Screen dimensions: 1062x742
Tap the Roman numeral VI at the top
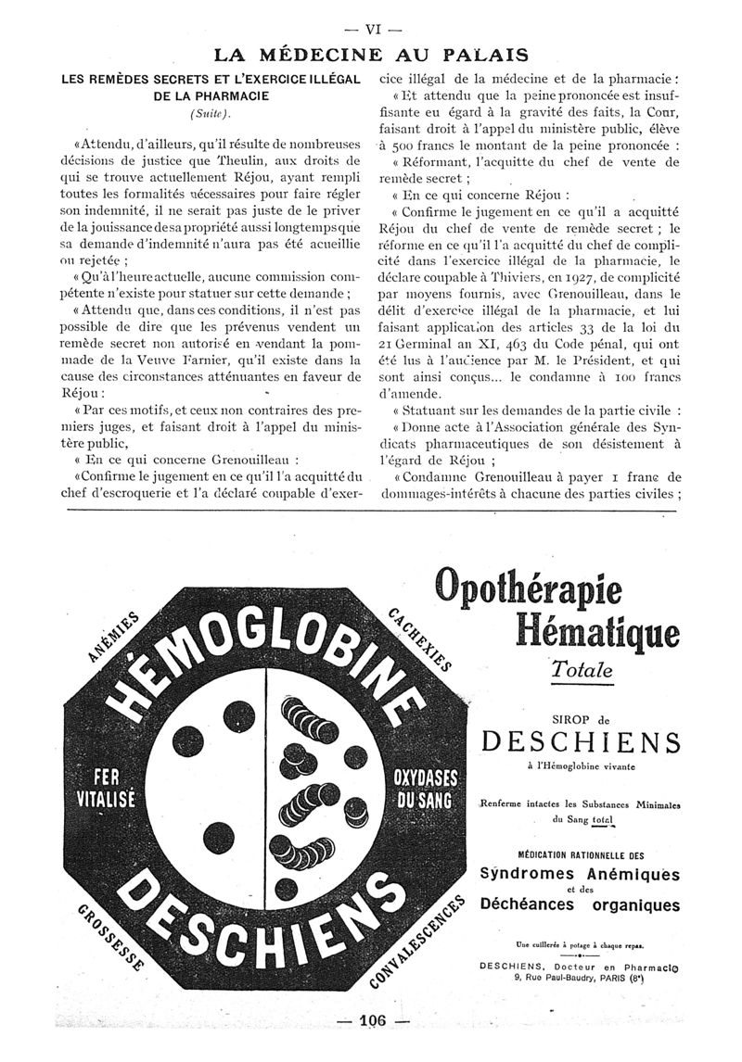371,28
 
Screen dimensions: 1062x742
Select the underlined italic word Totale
582,668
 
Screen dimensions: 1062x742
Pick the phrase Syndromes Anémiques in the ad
580,874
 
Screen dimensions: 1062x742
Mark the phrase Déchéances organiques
580,905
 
